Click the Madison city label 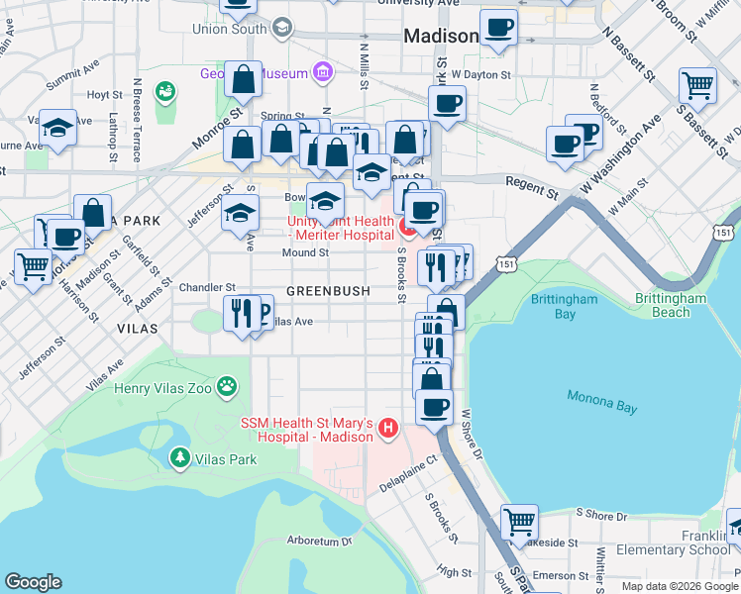pos(441,36)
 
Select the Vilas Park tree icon pos(179,457)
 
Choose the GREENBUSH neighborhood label pos(328,291)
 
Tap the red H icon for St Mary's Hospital pos(388,429)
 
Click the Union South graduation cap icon pos(282,28)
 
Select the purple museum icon pos(322,71)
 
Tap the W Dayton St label pos(480,73)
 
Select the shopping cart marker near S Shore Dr pos(519,521)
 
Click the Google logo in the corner pos(34,582)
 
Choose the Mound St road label pos(305,252)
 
